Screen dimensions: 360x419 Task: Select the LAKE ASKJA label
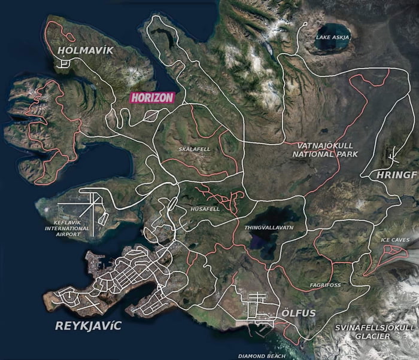coord(332,38)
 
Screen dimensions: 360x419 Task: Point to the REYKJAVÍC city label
coord(87,327)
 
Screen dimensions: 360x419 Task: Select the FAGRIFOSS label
coord(326,285)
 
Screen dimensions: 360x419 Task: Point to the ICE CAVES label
coord(394,240)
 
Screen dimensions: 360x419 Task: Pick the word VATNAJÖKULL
coord(326,145)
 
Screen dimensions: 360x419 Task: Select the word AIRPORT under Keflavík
coord(68,234)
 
